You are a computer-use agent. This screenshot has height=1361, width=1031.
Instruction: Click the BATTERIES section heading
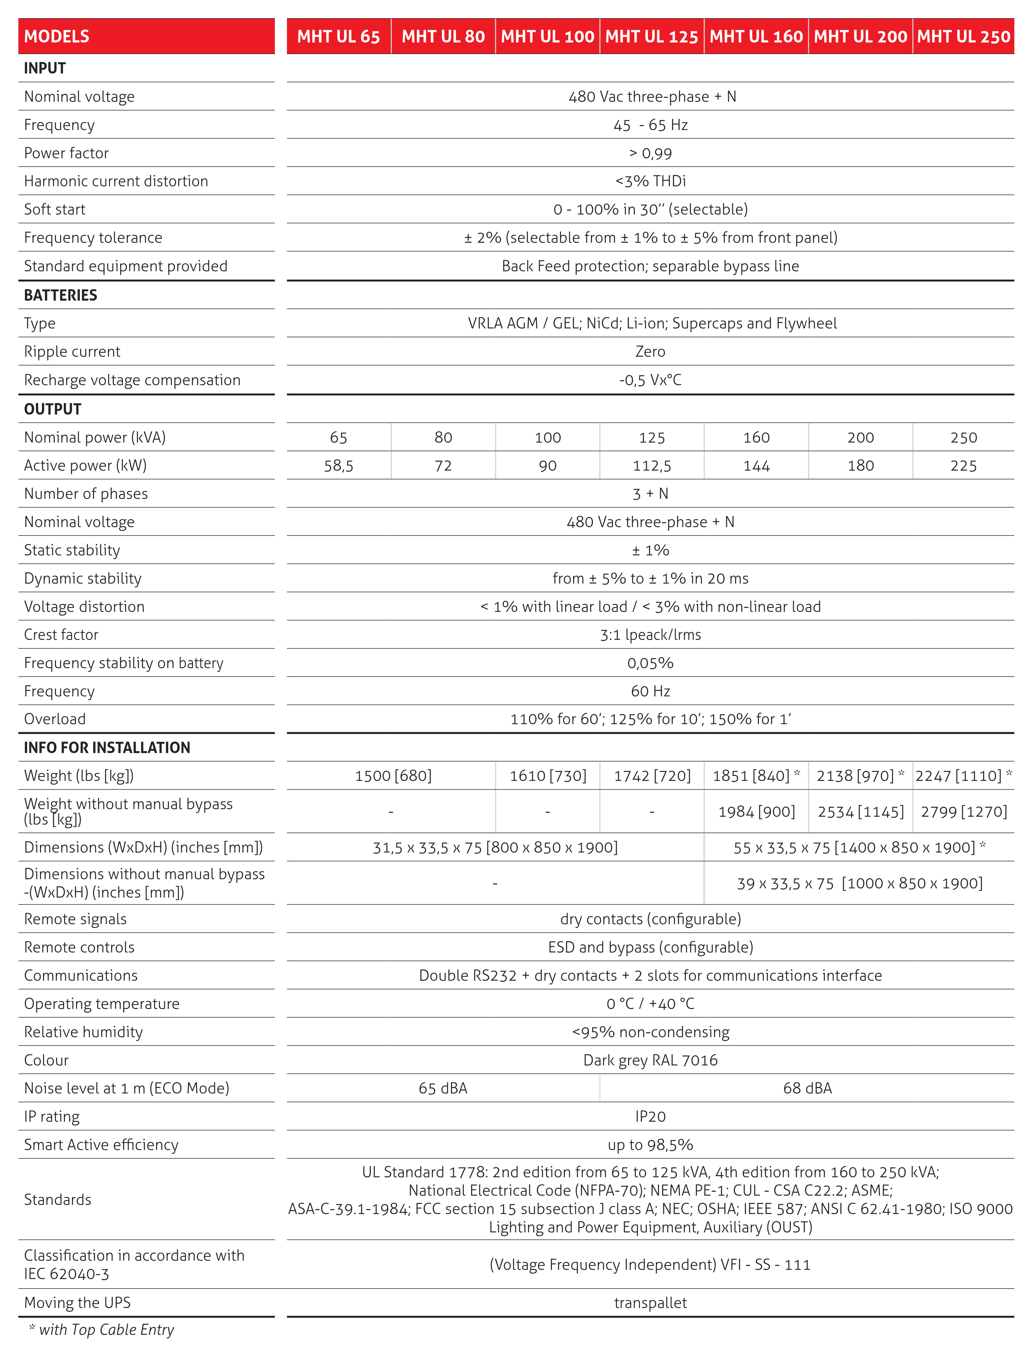coord(60,295)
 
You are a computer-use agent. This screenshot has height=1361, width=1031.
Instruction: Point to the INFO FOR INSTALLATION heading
coord(107,748)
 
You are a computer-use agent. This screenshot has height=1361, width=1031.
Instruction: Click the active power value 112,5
coord(652,466)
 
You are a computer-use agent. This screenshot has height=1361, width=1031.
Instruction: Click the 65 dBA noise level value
coord(443,1088)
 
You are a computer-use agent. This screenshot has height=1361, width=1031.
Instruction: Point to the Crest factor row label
coord(61,635)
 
